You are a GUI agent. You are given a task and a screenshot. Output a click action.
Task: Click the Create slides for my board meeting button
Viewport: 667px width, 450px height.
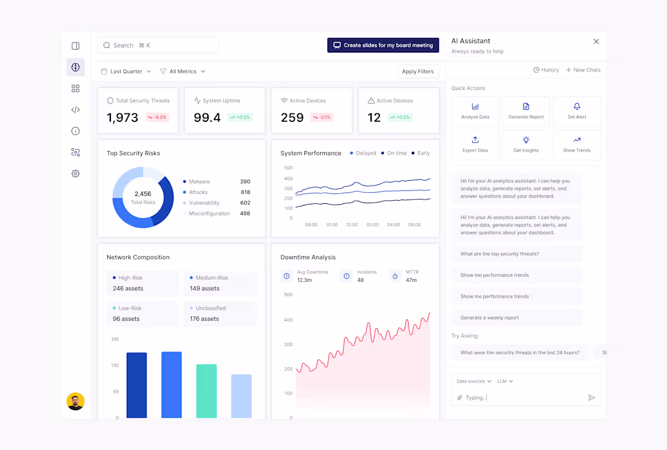[383, 45]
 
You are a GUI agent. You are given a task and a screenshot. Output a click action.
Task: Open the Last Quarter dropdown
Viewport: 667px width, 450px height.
[126, 72]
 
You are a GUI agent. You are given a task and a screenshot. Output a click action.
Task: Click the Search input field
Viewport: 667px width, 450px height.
[158, 45]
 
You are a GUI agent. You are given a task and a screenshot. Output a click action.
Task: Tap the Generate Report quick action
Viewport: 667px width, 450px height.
[526, 112]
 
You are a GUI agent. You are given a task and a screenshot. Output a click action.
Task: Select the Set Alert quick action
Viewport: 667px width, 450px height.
[577, 112]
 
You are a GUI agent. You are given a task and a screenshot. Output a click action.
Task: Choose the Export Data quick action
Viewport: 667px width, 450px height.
[475, 145]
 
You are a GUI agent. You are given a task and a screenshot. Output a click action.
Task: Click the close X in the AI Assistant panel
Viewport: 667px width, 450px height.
[596, 41]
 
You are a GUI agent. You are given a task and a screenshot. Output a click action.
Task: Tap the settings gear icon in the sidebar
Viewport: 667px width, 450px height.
[75, 173]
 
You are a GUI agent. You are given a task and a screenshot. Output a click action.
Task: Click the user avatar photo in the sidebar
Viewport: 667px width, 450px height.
[75, 401]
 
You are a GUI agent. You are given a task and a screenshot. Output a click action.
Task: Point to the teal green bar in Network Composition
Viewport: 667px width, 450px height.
[206, 391]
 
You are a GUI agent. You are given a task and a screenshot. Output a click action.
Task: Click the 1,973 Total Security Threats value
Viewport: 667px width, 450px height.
[122, 118]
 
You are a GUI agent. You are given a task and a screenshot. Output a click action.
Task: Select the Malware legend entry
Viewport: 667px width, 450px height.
[199, 182]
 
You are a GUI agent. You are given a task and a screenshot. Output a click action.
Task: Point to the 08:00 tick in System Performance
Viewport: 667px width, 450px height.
[311, 225]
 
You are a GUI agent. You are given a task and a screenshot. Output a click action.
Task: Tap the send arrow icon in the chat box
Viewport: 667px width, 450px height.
[591, 398]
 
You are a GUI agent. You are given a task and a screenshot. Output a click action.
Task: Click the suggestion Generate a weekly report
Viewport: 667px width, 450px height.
[489, 318]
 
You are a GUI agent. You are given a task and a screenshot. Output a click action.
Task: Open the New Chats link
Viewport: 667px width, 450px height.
[583, 70]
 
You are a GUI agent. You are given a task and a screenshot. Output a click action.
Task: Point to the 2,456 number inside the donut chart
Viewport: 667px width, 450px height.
[143, 194]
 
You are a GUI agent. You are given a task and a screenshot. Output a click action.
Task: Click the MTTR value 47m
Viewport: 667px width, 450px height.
[411, 280]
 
